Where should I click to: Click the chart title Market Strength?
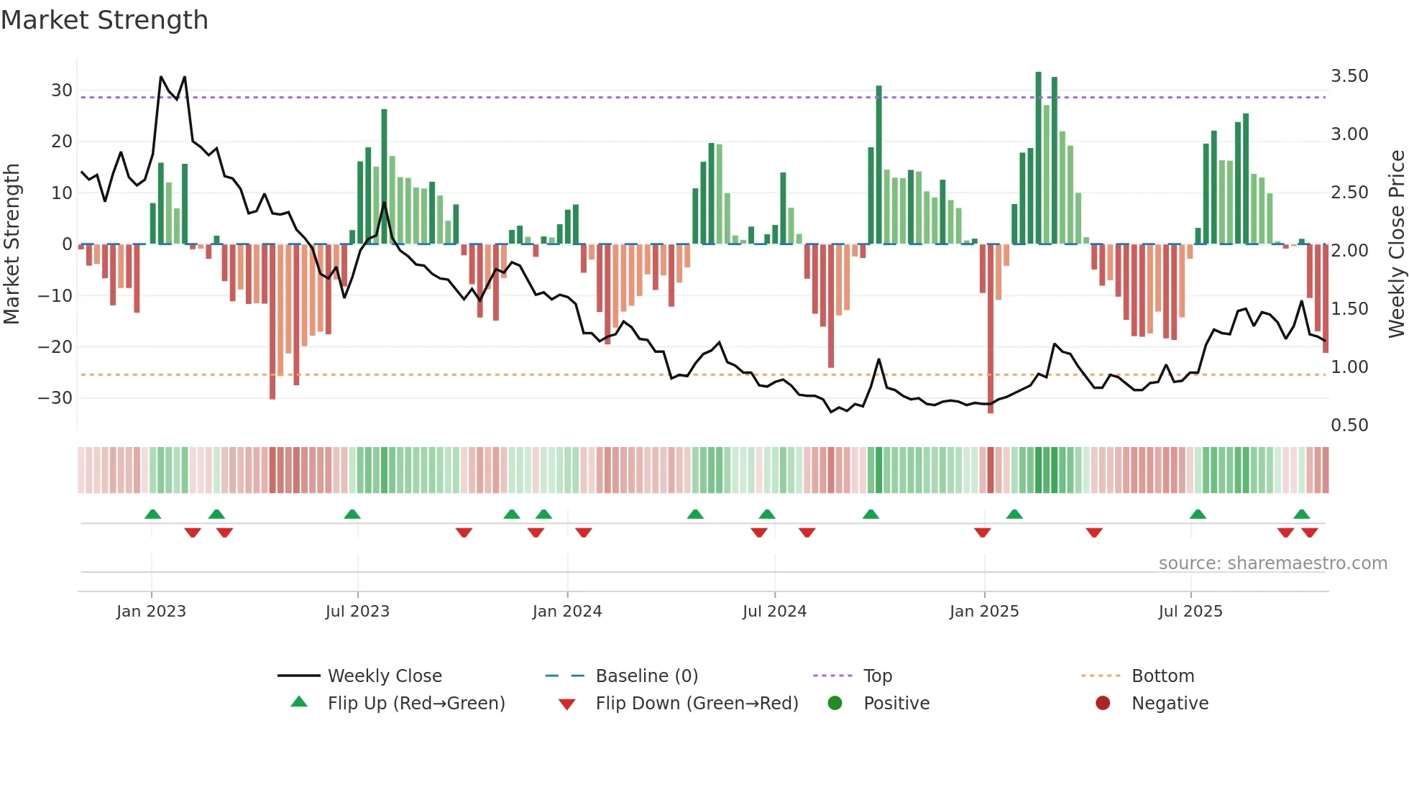(104, 20)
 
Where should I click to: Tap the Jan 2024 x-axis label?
(566, 612)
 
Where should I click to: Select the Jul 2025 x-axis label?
(1190, 612)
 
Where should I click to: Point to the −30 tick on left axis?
(55, 398)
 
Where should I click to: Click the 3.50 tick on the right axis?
(1349, 76)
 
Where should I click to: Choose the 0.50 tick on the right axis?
(1349, 425)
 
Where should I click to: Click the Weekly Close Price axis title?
(1396, 244)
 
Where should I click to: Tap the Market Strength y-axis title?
(12, 244)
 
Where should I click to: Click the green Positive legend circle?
(835, 704)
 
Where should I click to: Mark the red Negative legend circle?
(1103, 704)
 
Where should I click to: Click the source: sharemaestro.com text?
(1272, 563)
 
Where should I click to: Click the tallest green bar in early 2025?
(1038, 158)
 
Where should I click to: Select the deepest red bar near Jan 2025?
(990, 328)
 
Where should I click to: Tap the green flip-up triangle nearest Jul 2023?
(352, 515)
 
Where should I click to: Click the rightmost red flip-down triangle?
(1309, 533)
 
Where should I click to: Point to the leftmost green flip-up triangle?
(152, 515)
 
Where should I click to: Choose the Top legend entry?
(877, 676)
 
